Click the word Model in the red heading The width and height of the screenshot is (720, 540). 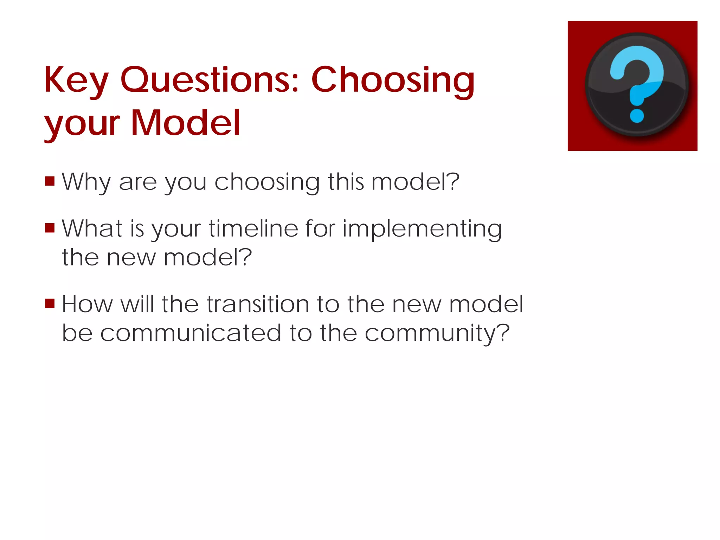[x=186, y=123]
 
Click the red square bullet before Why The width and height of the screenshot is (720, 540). [x=50, y=181]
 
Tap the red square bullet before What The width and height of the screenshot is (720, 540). [x=50, y=228]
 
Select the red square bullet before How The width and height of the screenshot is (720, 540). [x=50, y=303]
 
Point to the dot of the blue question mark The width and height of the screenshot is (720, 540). [x=637, y=116]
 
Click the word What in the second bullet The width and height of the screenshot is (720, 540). [x=92, y=229]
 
